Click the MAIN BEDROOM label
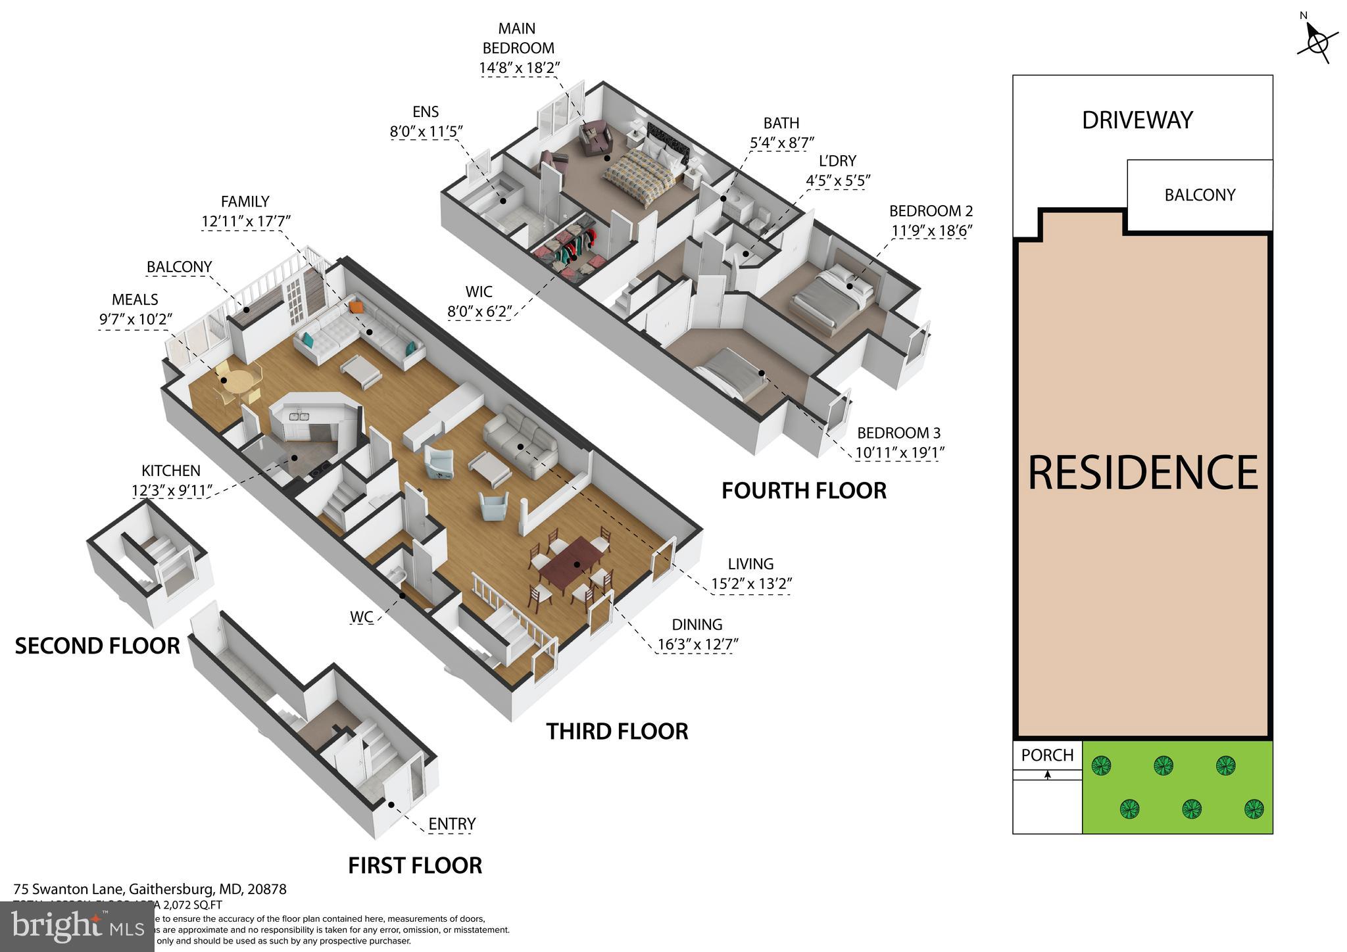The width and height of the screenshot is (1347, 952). coord(518,38)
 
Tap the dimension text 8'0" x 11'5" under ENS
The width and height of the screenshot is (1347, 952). coord(426,131)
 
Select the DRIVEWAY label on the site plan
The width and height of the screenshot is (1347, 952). coord(1137,120)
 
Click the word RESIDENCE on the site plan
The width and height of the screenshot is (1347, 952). coord(1142,473)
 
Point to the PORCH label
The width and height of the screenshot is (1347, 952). coord(1047,755)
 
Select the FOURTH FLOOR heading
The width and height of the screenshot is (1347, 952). coord(804,490)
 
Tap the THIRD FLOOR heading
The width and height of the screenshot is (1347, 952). coord(617,731)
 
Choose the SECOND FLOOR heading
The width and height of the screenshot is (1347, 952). coord(97,646)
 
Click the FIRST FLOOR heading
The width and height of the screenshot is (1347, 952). coord(415,865)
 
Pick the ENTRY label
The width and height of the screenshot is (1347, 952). coord(452,824)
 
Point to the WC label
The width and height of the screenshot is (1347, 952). coord(361,617)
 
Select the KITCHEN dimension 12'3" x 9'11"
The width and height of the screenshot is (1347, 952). coord(172,490)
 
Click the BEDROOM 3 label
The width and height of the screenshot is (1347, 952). coord(898,433)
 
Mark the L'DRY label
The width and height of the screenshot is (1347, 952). coord(837,161)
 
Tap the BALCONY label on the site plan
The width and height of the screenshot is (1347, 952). coord(1200,195)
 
